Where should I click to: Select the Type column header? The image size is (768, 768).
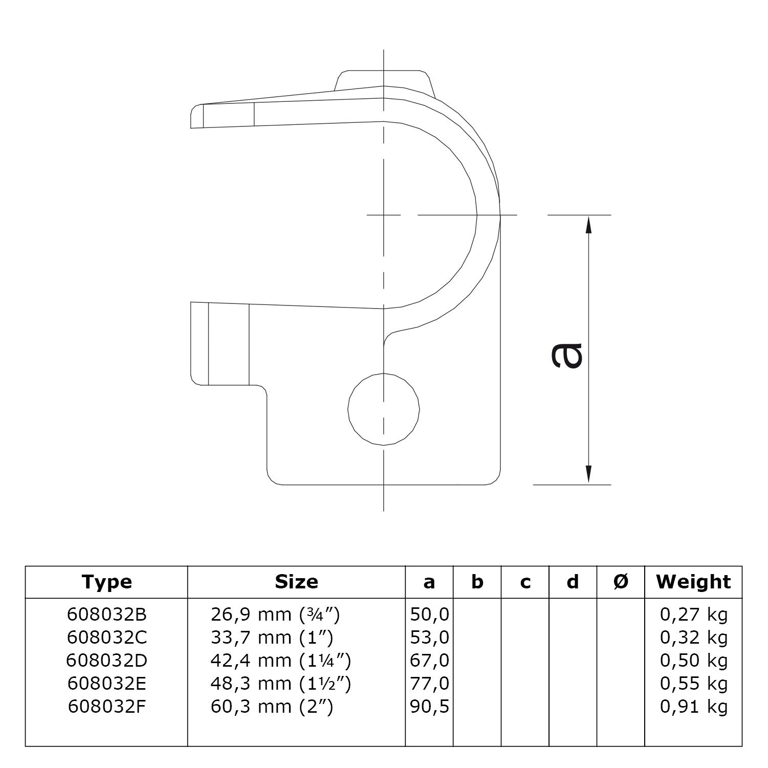click(106, 582)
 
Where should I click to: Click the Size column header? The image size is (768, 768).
click(296, 582)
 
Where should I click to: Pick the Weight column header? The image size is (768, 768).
click(693, 582)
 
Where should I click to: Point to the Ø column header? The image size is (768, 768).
click(621, 582)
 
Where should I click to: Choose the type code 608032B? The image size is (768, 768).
click(106, 614)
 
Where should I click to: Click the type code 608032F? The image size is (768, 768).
click(106, 707)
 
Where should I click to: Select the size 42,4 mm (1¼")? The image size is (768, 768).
click(280, 661)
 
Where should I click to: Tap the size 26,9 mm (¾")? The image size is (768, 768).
click(275, 614)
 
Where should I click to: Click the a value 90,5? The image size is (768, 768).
click(429, 707)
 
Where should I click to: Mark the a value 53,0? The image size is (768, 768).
click(429, 638)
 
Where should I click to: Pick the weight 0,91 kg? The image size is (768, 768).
click(694, 707)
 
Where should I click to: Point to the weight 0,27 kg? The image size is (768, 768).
click(694, 614)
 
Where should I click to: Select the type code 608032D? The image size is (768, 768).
click(106, 661)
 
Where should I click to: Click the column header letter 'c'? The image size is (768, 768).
click(525, 582)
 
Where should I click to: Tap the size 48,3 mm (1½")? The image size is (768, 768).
click(280, 684)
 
